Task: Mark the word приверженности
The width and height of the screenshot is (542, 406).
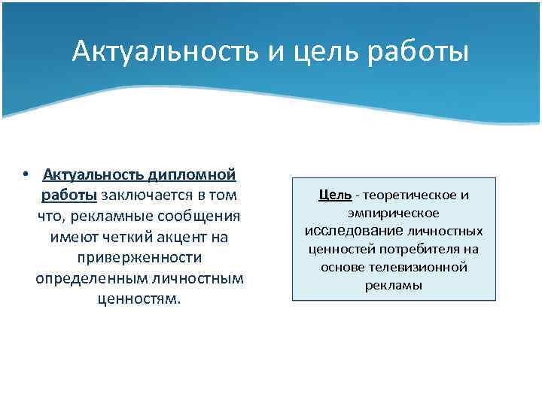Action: tap(139, 258)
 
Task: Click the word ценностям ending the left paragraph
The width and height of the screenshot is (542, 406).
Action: tap(139, 299)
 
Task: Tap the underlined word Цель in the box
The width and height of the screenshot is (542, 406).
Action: tap(335, 195)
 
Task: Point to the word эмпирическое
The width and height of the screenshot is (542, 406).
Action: tap(394, 213)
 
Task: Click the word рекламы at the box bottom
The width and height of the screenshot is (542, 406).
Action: tap(394, 285)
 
